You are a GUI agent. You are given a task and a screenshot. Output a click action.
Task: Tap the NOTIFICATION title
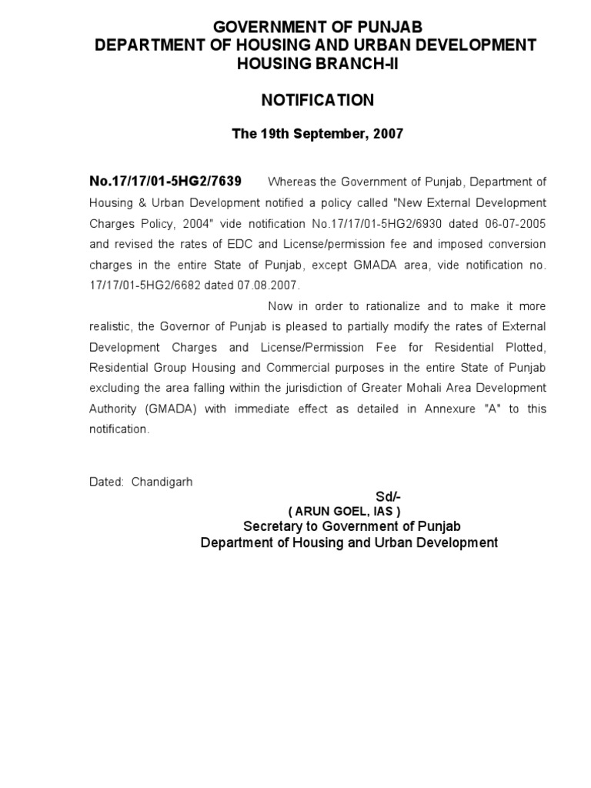click(317, 101)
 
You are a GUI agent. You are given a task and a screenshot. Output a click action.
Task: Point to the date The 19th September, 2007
click(317, 134)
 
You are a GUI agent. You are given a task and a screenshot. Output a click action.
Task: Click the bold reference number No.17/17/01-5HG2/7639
click(165, 182)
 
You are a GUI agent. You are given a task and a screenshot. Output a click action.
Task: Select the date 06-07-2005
click(516, 223)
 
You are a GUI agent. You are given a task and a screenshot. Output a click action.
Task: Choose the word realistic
click(114, 326)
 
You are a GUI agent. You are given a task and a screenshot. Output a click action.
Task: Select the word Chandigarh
click(162, 482)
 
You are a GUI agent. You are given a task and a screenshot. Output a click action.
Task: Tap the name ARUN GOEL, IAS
click(344, 512)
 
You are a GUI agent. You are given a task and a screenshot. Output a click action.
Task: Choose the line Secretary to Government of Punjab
click(352, 526)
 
